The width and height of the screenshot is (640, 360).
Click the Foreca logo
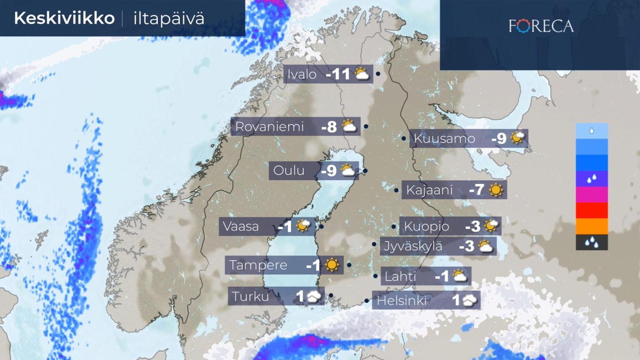coord(541,26)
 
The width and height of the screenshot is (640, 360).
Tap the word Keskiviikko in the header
coord(64,18)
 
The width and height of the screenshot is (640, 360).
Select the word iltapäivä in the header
coord(169,19)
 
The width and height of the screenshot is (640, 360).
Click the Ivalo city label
coord(302,74)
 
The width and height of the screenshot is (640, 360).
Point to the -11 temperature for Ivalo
coord(338,75)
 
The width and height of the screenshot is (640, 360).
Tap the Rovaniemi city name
coord(269,127)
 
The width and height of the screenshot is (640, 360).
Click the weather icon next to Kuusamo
coord(517,138)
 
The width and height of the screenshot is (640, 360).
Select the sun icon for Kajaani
coord(496,190)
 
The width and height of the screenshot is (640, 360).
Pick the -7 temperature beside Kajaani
coord(476,190)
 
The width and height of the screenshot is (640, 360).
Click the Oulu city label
coord(289,171)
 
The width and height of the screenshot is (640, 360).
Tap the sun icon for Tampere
coord(332,265)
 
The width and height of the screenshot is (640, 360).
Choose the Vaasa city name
coord(241,226)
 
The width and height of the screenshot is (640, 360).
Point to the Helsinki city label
coord(401,301)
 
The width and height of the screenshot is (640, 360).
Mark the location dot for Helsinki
coord(367,301)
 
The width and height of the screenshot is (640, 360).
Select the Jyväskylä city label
coord(413,246)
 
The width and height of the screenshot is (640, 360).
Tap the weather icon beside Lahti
coord(459,276)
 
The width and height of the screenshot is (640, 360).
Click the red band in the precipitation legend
coord(592,210)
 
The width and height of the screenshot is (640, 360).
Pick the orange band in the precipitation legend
coord(592,226)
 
